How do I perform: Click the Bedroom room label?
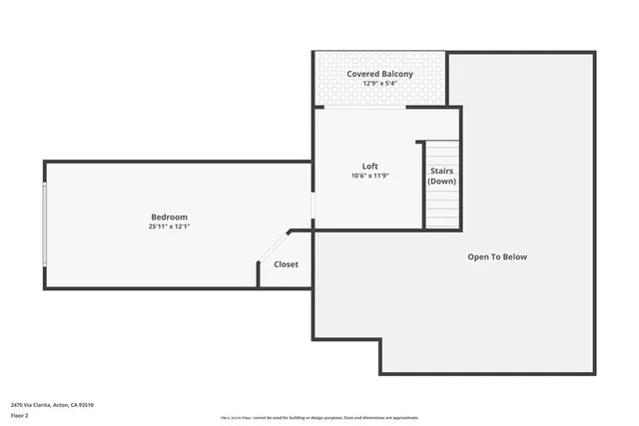coord(169,216)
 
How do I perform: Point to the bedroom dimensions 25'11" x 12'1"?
coord(169,226)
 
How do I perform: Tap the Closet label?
coord(286,264)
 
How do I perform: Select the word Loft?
coord(369,166)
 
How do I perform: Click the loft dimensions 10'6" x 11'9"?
coord(369,176)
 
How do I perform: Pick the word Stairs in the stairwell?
coord(442,171)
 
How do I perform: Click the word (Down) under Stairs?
coord(442,182)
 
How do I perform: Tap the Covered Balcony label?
coord(379,74)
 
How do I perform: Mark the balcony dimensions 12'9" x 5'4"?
coord(379,84)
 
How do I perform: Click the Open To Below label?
coord(497,256)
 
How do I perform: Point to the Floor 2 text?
coord(19,415)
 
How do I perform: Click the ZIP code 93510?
coord(86,404)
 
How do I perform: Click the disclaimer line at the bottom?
coord(319,418)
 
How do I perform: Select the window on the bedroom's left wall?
coord(44,224)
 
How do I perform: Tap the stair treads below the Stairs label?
coord(442,208)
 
